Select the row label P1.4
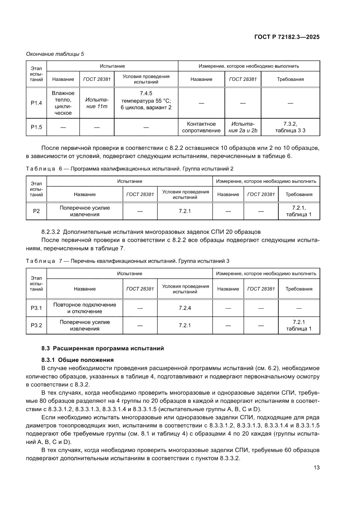[36, 103]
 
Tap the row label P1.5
[36, 127]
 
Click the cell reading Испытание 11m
[97, 103]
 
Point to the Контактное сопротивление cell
[201, 127]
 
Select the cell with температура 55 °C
[146, 100]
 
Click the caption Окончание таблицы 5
[55, 54]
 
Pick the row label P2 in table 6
[36, 211]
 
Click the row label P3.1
[36, 308]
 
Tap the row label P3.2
[36, 325]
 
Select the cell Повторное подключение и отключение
[85, 308]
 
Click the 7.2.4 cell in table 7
[185, 308]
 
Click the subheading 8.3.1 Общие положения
[77, 360]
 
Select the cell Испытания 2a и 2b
[243, 127]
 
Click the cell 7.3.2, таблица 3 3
[290, 127]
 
